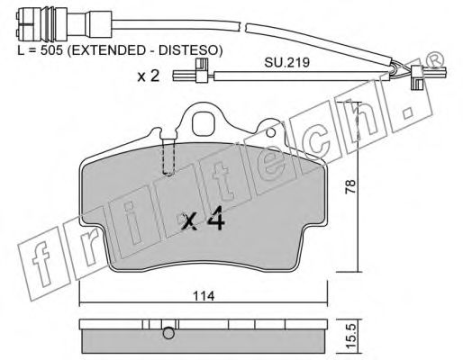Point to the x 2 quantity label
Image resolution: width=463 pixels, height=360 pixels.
tap(148, 76)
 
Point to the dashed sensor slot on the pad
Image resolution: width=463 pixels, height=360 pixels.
tap(164, 157)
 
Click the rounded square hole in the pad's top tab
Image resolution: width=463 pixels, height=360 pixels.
tap(205, 119)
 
